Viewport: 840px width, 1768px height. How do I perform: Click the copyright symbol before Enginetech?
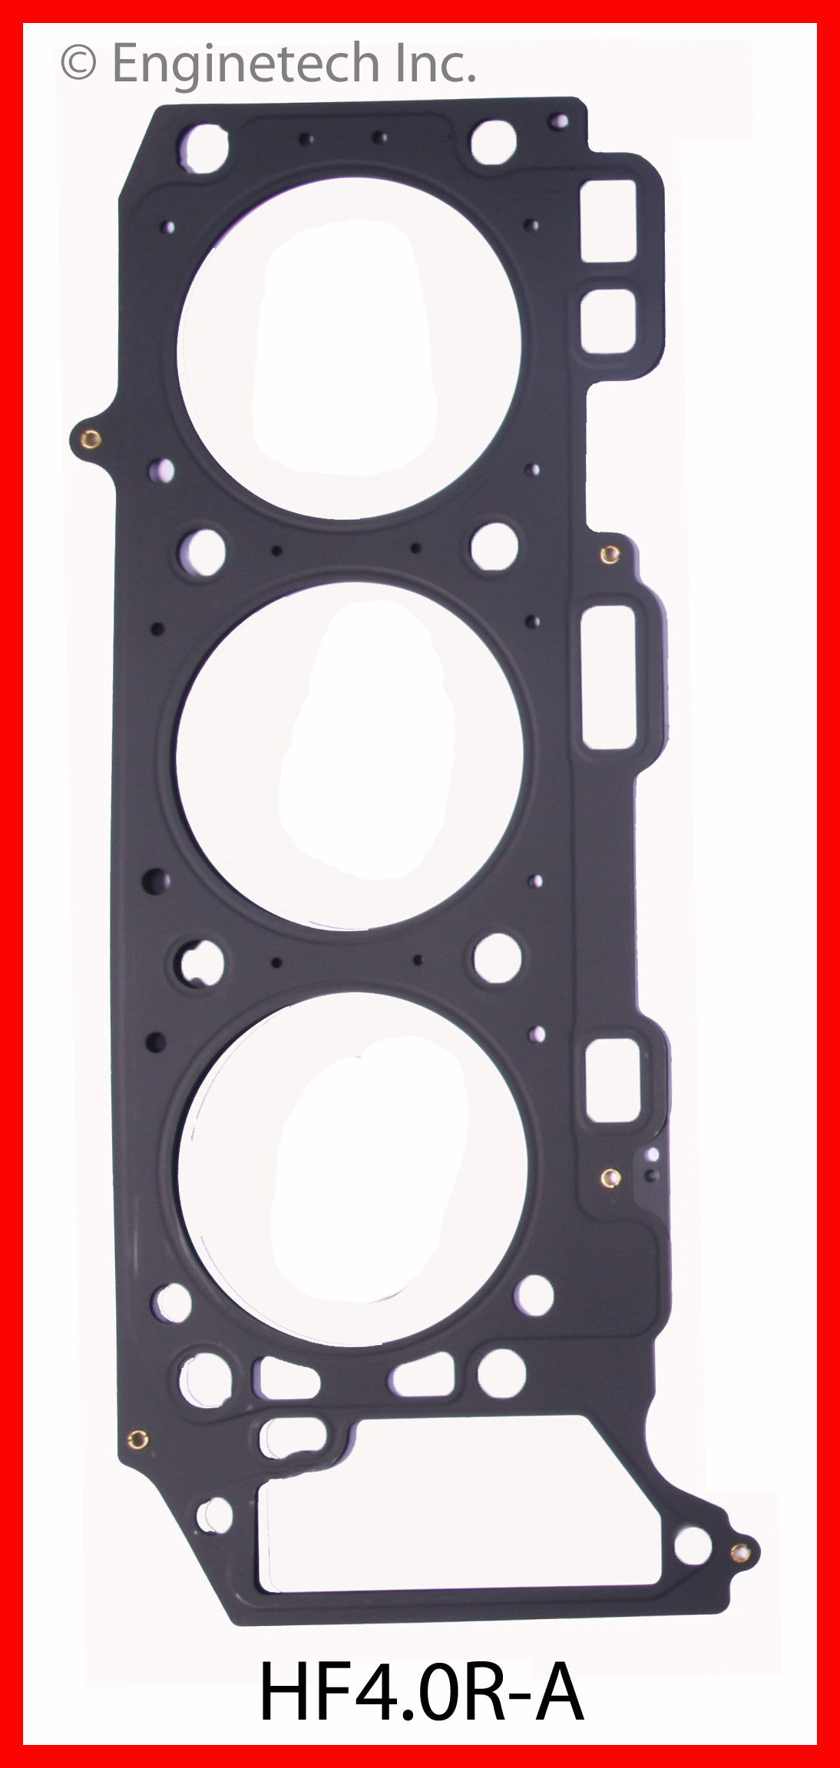78,64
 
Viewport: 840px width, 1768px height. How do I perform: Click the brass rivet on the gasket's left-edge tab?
90,439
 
